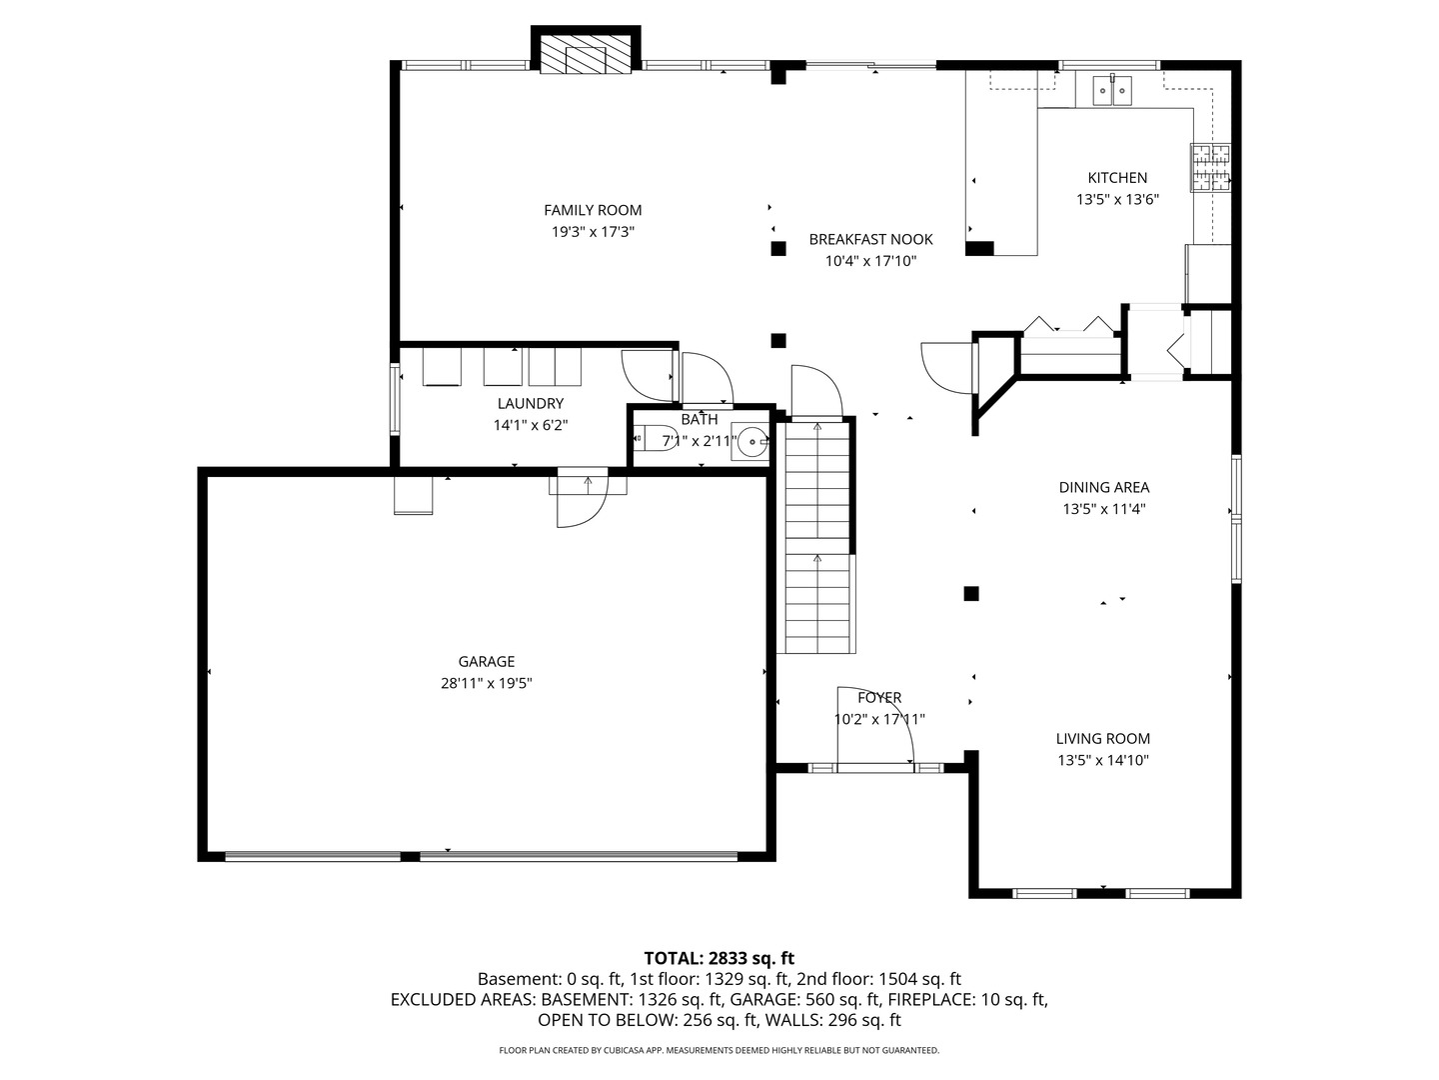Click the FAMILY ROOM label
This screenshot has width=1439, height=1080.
[x=592, y=210]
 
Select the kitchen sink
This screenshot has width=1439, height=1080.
[x=1112, y=91]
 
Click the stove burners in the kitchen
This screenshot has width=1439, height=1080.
[x=1210, y=168]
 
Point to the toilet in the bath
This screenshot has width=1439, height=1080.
[x=649, y=437]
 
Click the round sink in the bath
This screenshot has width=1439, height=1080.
[x=751, y=441]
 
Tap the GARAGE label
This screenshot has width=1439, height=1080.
[x=486, y=662]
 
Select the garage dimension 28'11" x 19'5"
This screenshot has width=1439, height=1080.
[x=486, y=683]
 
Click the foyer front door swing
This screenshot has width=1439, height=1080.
[x=875, y=726]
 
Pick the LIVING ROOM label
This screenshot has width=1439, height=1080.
[x=1102, y=738]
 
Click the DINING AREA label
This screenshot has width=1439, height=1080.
[x=1104, y=487]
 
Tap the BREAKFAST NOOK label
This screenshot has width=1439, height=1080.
[x=870, y=239]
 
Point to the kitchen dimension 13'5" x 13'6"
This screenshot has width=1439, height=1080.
[x=1117, y=199]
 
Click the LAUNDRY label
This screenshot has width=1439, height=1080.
[x=531, y=403]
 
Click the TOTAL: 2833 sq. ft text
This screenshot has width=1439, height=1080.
[x=719, y=958]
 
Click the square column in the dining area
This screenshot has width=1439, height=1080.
[x=971, y=593]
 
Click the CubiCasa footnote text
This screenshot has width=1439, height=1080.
[x=719, y=1050]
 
